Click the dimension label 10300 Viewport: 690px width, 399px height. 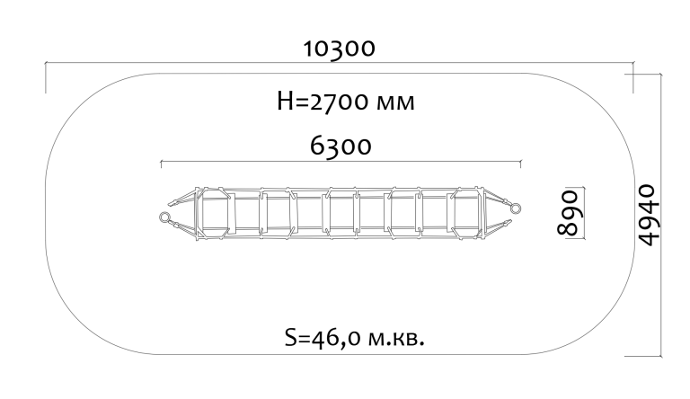340,49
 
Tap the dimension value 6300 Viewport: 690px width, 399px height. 341,146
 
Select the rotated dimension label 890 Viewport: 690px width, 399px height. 567,213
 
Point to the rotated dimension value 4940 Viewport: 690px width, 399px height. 649,215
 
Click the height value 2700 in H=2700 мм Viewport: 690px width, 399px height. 339,102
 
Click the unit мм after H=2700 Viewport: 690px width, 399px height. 395,103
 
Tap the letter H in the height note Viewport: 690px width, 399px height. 285,102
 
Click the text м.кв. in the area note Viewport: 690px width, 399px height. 396,339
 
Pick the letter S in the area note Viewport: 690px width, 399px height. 291,338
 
